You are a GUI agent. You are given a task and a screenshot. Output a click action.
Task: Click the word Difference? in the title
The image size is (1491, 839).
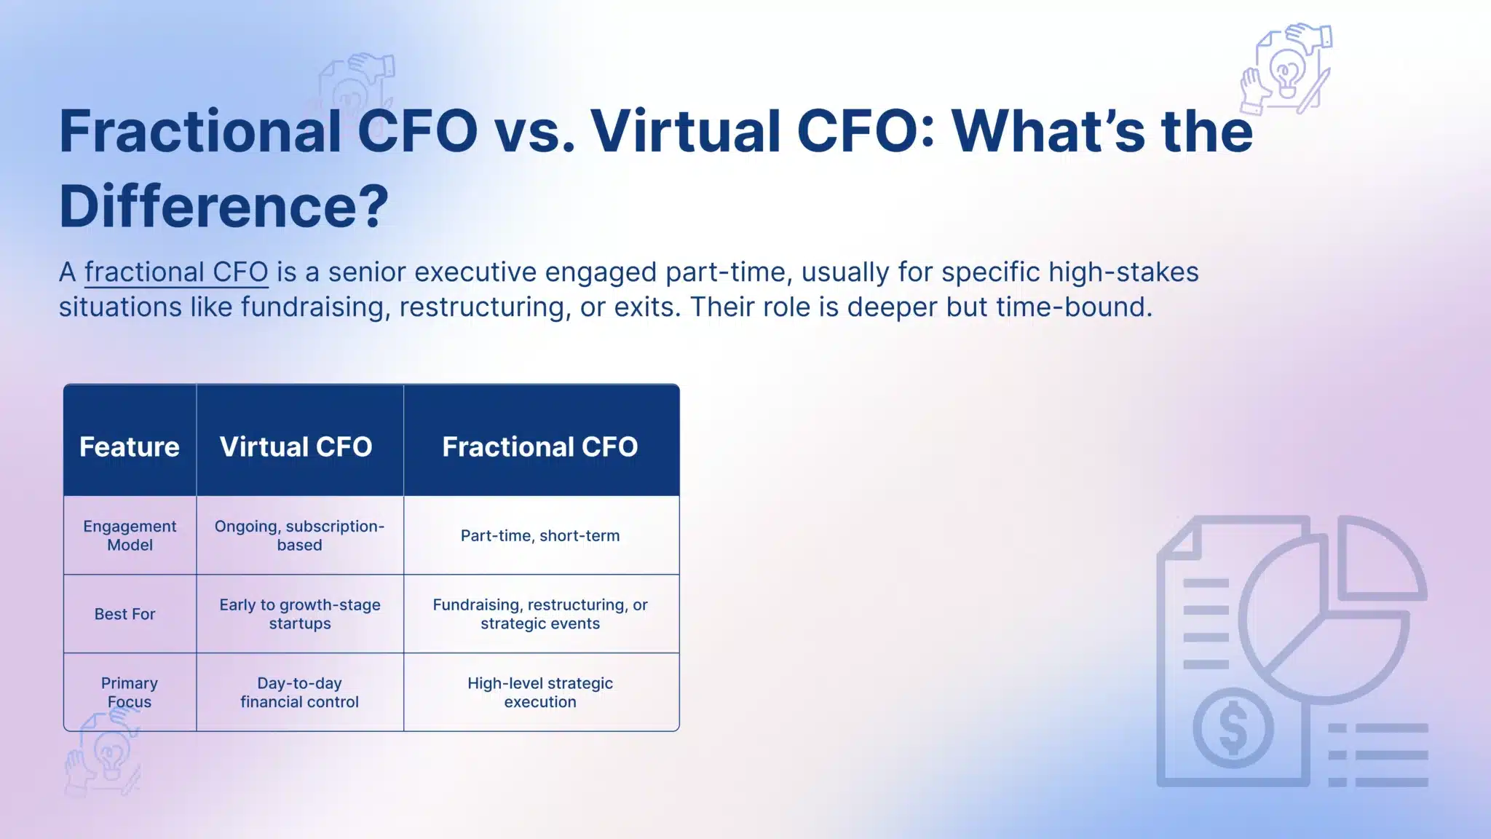pyautogui.click(x=224, y=207)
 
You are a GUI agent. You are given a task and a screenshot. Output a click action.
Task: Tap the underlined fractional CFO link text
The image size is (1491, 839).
pyautogui.click(x=176, y=272)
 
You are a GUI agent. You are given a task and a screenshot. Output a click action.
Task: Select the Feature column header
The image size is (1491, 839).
pyautogui.click(x=130, y=446)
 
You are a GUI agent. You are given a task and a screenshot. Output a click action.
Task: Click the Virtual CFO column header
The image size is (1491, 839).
pyautogui.click(x=296, y=446)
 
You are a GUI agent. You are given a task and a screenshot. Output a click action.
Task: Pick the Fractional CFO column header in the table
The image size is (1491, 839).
pyautogui.click(x=540, y=446)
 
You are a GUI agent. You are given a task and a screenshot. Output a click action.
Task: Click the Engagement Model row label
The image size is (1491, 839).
pyautogui.click(x=130, y=535)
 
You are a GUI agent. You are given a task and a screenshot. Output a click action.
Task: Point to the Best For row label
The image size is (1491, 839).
pyautogui.click(x=124, y=614)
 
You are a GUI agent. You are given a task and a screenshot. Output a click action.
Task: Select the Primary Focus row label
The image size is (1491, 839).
pyautogui.click(x=130, y=693)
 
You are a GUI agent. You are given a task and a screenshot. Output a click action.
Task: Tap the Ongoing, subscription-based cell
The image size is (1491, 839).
pyautogui.click(x=299, y=535)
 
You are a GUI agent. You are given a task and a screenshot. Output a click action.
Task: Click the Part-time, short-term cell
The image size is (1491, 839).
pyautogui.click(x=540, y=536)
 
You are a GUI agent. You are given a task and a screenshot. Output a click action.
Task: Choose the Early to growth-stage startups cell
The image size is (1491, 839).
pyautogui.click(x=299, y=614)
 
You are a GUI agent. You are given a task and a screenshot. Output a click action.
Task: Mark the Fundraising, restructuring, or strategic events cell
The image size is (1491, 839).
pyautogui.click(x=540, y=614)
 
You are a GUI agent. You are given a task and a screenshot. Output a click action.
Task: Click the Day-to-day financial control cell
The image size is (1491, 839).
pyautogui.click(x=299, y=693)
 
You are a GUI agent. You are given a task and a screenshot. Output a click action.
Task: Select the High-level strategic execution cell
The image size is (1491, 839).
pyautogui.click(x=540, y=693)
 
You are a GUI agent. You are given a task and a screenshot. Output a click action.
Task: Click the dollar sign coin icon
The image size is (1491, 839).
pyautogui.click(x=1233, y=729)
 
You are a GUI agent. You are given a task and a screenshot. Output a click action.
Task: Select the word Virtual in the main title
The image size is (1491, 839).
pyautogui.click(x=685, y=132)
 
